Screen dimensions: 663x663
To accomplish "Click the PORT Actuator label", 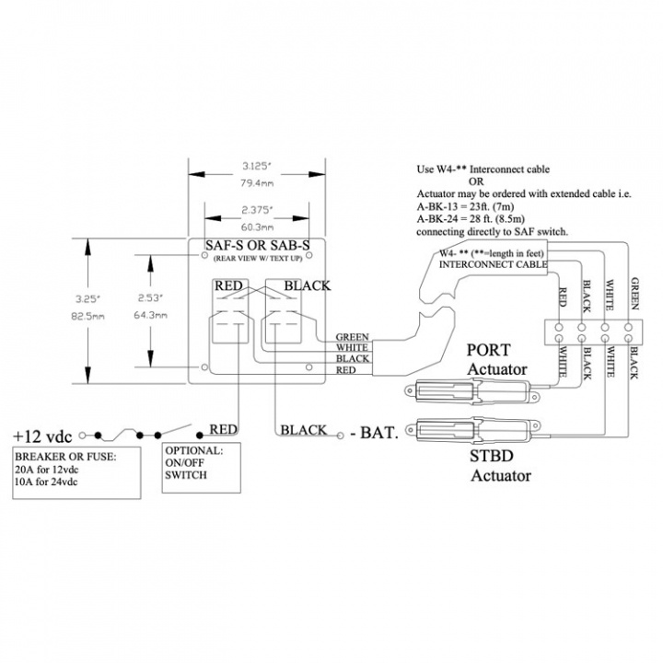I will [x=496, y=360].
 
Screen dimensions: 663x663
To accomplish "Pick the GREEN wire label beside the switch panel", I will [x=352, y=337].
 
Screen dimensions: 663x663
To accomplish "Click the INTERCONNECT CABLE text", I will [x=494, y=264].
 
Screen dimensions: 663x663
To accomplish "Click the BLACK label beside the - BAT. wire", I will [x=303, y=430].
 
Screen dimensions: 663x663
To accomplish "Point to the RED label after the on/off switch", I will [x=224, y=429].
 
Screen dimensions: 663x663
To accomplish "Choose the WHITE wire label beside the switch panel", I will [x=352, y=348].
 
